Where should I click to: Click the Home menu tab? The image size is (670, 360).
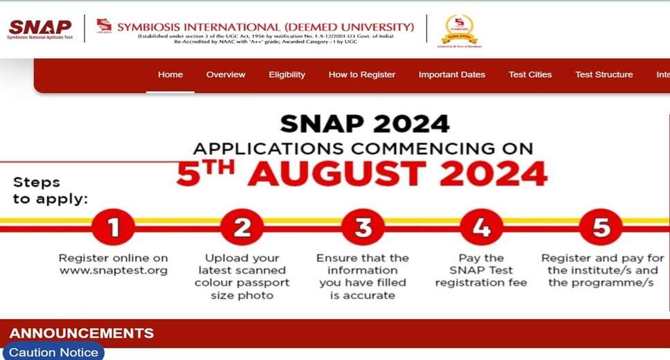170,75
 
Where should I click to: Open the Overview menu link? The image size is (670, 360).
226,75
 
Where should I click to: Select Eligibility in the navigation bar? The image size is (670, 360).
287,75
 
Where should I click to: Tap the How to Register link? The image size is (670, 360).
362,75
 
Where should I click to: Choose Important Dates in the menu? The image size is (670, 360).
452,75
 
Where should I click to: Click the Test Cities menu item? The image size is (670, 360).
530,75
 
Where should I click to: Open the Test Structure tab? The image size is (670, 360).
604,75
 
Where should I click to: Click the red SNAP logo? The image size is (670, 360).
39,28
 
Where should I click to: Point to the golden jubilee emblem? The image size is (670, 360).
460,30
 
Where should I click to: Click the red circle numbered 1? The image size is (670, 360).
113,226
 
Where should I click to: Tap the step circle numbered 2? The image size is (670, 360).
242,226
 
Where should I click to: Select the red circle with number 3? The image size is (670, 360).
363,226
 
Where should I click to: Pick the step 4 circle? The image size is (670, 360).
482,226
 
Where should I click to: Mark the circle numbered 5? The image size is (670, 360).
601,226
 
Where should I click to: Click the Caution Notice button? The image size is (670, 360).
53,352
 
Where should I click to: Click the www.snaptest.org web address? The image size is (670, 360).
114,271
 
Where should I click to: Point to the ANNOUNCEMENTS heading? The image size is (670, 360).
81,334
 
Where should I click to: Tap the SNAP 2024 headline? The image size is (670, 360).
364,124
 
